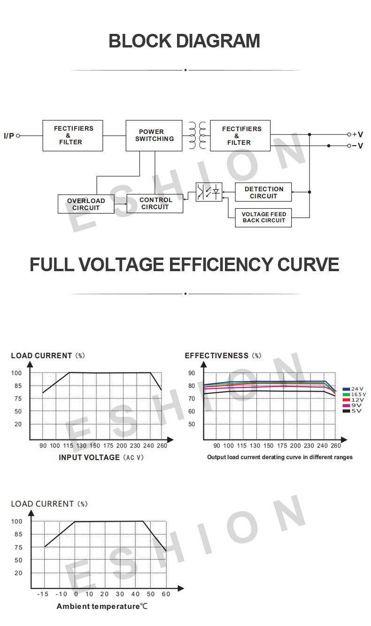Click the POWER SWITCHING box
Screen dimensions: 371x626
click(154, 135)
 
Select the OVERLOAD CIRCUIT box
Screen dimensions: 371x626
click(86, 204)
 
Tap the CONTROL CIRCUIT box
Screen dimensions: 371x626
click(155, 203)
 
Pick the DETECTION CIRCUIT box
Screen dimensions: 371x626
click(263, 192)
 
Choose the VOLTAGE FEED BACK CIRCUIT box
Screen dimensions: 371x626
click(263, 218)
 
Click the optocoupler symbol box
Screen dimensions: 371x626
click(209, 192)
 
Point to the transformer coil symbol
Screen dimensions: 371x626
click(197, 135)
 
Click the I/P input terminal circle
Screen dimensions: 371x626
click(18, 136)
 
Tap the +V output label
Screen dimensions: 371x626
click(357, 134)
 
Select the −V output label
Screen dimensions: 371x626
click(357, 146)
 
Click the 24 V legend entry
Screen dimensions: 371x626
click(353, 389)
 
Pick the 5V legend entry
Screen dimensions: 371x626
click(352, 411)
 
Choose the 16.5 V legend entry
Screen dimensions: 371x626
click(354, 394)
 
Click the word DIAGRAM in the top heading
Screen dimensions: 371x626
click(218, 41)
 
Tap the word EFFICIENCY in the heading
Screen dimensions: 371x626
click(221, 265)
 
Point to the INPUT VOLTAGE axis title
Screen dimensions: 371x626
click(89, 457)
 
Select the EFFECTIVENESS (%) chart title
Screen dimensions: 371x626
click(223, 355)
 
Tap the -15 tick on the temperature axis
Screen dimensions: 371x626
click(43, 594)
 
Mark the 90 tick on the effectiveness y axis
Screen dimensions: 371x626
click(192, 373)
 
